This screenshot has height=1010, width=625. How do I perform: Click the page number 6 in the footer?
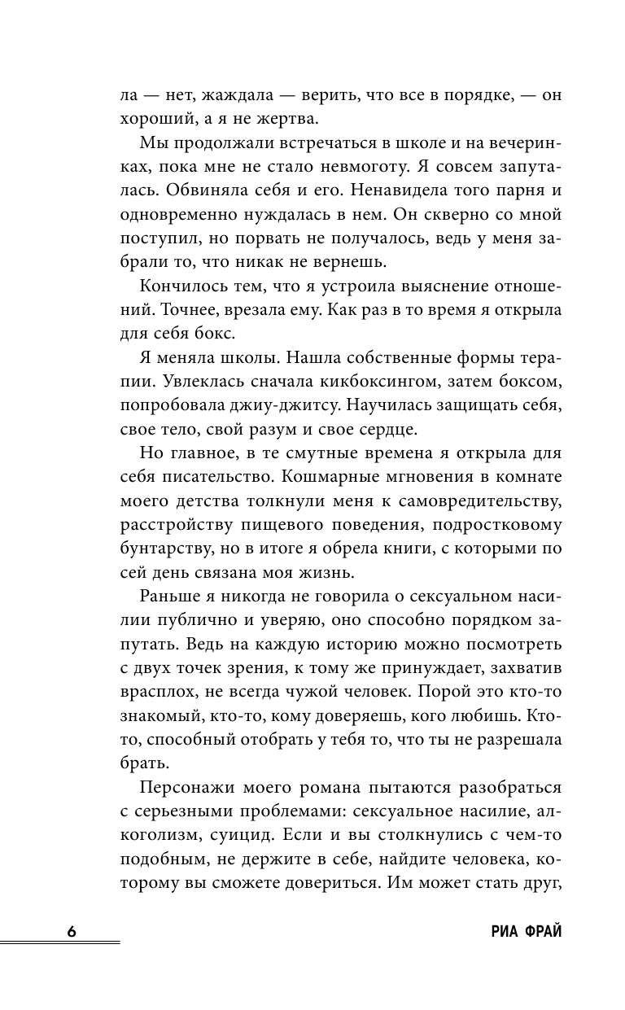72,931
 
